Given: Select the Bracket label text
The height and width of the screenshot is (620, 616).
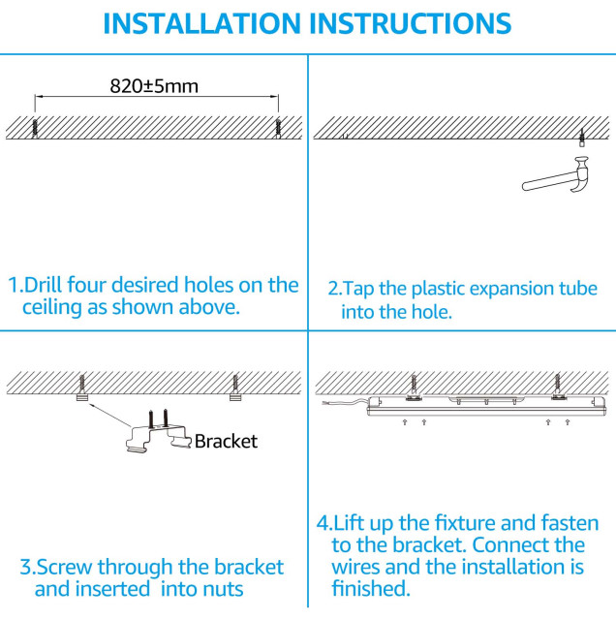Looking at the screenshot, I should [x=226, y=442].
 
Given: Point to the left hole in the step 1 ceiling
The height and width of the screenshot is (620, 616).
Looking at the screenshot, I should [x=36, y=127].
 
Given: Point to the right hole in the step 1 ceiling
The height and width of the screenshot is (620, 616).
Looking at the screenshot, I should [x=279, y=127].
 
